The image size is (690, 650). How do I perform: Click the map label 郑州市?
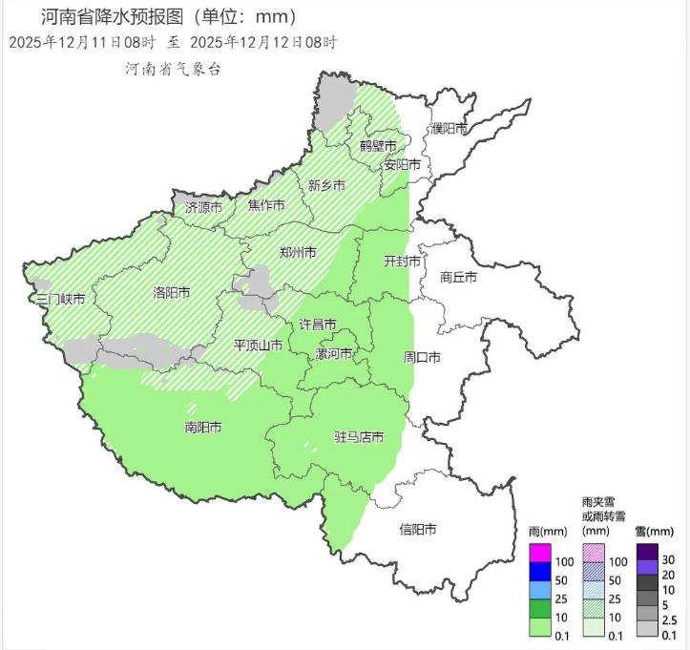pyautogui.click(x=299, y=253)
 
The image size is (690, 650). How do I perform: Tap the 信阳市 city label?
pyautogui.click(x=418, y=528)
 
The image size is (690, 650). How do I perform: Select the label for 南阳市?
pyautogui.click(x=202, y=428)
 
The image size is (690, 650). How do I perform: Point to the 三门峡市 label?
pyautogui.click(x=61, y=300)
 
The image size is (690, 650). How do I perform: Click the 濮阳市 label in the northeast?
pyautogui.click(x=449, y=129)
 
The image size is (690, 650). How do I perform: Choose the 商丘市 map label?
pyautogui.click(x=459, y=278)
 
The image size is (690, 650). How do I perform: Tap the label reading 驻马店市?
pyautogui.click(x=359, y=437)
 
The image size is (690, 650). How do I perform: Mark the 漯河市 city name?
pyautogui.click(x=334, y=354)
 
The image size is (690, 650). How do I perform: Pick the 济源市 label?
pyautogui.click(x=203, y=206)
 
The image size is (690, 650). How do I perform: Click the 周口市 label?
pyautogui.click(x=422, y=358)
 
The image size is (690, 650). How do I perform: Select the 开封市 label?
pyautogui.click(x=402, y=261)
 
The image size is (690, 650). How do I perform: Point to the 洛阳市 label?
pyautogui.click(x=172, y=293)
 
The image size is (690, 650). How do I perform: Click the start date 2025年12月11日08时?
pyautogui.click(x=82, y=43)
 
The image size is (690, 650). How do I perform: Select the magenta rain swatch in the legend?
pyautogui.click(x=540, y=554)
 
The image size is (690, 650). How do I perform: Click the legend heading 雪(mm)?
pyautogui.click(x=654, y=531)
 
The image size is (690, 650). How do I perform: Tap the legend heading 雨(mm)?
pyautogui.click(x=548, y=531)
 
